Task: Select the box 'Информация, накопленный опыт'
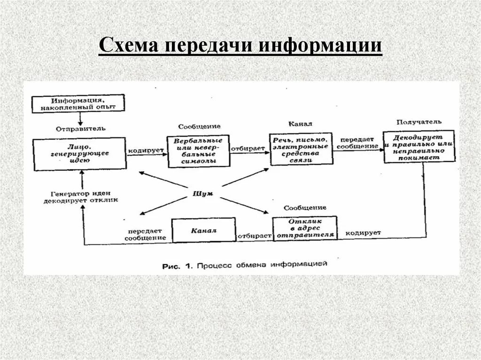click(x=78, y=103)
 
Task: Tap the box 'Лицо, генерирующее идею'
click(x=79, y=153)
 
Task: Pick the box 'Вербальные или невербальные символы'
click(x=198, y=151)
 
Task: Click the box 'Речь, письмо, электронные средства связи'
click(x=302, y=149)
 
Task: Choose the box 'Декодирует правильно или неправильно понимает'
click(x=419, y=146)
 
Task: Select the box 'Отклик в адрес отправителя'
click(x=305, y=228)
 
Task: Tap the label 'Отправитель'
click(x=81, y=128)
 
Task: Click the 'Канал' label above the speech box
click(x=301, y=124)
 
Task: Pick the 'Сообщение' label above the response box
click(x=305, y=207)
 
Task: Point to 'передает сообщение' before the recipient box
click(x=359, y=143)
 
